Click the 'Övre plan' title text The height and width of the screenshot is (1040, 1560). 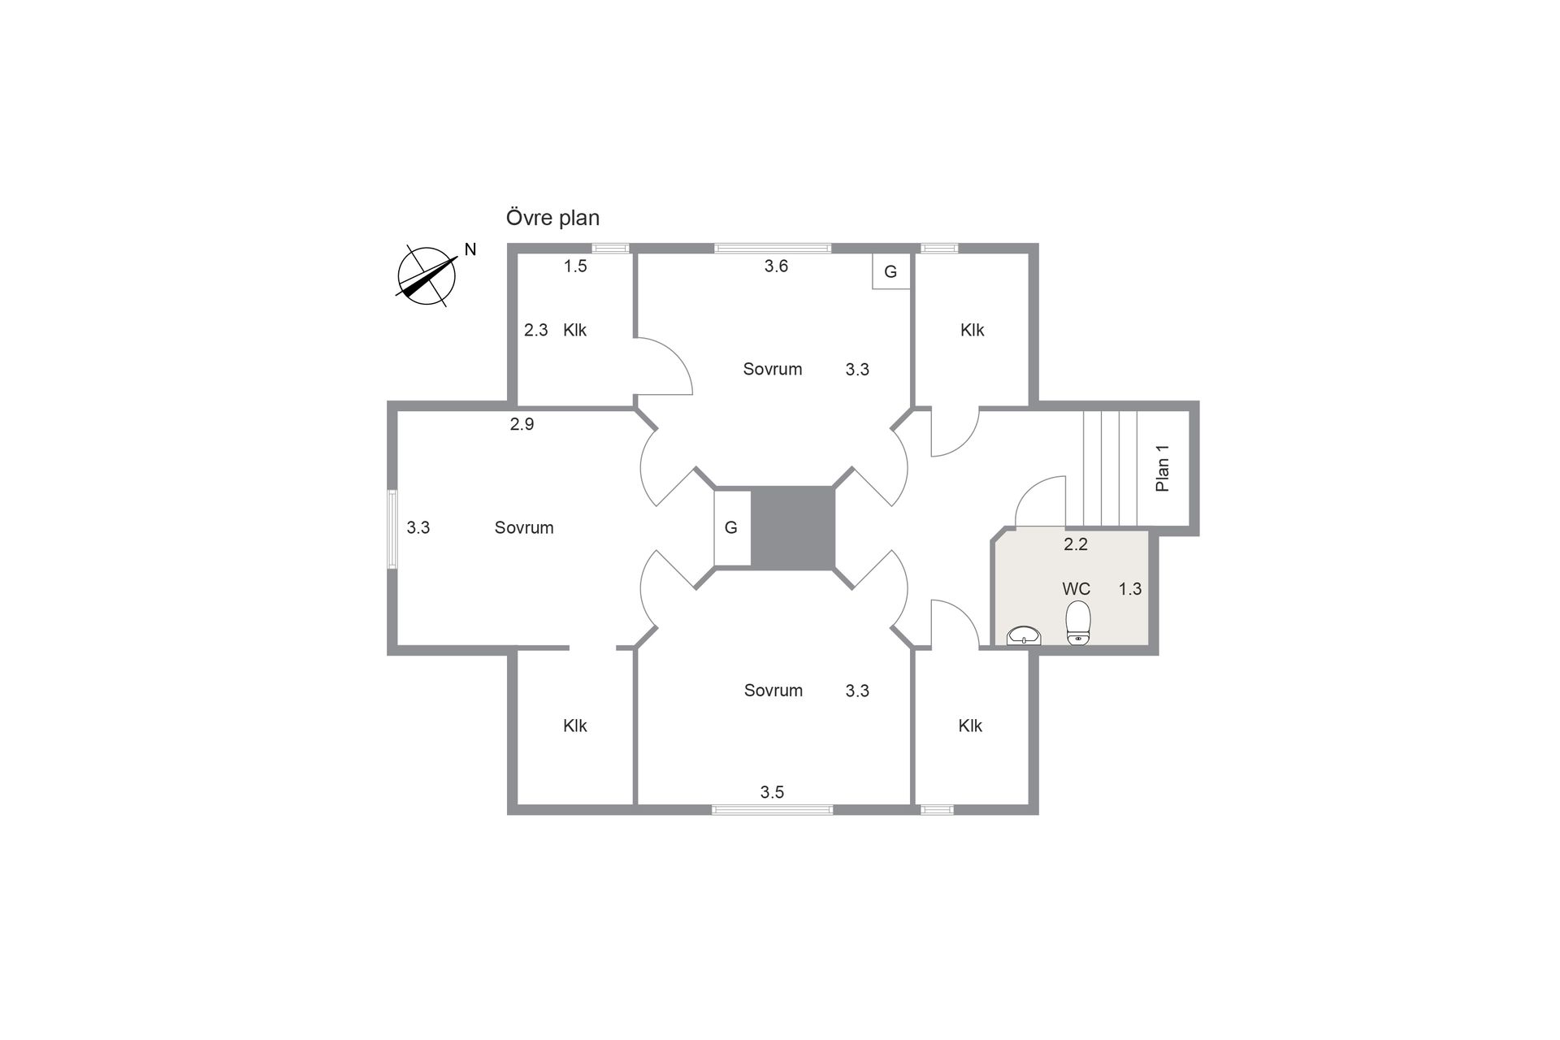coord(552,219)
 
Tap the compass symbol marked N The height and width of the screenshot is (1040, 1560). coord(427,276)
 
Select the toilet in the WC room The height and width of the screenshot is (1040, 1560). coord(1078,623)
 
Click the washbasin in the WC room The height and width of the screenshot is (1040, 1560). coord(1024,635)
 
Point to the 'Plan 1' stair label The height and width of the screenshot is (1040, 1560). coord(1163,468)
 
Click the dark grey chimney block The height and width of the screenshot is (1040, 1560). coord(792,527)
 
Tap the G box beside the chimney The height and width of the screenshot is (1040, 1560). coord(732,528)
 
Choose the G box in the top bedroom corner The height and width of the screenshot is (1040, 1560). coord(891,271)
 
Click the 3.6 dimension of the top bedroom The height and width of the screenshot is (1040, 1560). coord(776,266)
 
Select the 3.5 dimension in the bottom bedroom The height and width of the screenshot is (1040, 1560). coord(772,792)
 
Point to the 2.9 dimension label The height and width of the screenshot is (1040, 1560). coord(522,424)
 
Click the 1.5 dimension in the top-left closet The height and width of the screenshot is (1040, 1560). coord(575,266)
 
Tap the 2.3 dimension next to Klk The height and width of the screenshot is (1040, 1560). coord(535,330)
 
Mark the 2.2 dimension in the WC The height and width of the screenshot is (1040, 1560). coord(1076,544)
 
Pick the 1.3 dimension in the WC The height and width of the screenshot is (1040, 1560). coord(1130,589)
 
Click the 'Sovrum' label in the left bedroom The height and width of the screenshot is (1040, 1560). coord(524,528)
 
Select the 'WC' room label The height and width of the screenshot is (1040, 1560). coord(1077,589)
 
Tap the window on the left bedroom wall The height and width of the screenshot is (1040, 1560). coord(392,528)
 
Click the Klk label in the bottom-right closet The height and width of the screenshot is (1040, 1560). coord(970,726)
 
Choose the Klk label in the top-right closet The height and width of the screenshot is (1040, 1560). coord(972,330)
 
